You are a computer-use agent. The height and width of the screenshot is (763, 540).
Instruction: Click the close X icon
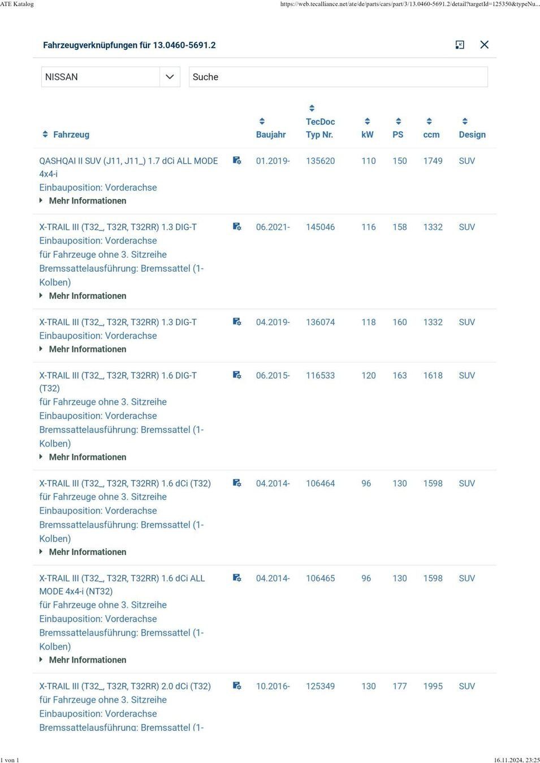pyautogui.click(x=484, y=45)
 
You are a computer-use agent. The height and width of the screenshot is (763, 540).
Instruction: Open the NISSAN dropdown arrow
pyautogui.click(x=169, y=77)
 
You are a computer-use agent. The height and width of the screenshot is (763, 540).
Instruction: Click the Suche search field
pyautogui.click(x=338, y=77)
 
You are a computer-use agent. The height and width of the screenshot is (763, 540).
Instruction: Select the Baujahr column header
pyautogui.click(x=270, y=135)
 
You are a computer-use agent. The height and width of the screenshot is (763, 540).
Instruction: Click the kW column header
pyautogui.click(x=368, y=135)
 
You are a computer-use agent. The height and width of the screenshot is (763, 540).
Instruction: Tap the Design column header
pyautogui.click(x=472, y=135)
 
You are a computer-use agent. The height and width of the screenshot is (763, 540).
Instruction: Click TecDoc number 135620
pyautogui.click(x=320, y=161)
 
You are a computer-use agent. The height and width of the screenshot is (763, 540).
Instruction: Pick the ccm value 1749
pyautogui.click(x=433, y=161)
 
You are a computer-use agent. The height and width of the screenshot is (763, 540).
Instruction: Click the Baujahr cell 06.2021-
pyautogui.click(x=273, y=227)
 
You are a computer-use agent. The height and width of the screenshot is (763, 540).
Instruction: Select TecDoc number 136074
pyautogui.click(x=320, y=322)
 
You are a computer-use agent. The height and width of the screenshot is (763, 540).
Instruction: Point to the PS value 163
pyautogui.click(x=399, y=375)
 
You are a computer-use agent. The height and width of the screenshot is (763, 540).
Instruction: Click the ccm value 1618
pyautogui.click(x=433, y=375)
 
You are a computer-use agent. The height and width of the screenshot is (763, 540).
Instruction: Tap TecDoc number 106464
pyautogui.click(x=320, y=483)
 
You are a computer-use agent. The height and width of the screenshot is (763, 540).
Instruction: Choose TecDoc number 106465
pyautogui.click(x=320, y=578)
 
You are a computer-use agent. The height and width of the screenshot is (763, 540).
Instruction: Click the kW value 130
pyautogui.click(x=368, y=686)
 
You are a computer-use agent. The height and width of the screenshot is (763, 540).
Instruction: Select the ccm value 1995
pyautogui.click(x=433, y=686)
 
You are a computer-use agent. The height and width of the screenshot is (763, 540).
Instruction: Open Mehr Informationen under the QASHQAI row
pyautogui.click(x=87, y=201)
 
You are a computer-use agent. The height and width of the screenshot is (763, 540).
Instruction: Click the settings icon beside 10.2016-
pyautogui.click(x=237, y=686)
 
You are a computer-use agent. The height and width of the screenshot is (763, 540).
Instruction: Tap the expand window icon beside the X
pyautogui.click(x=460, y=45)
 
